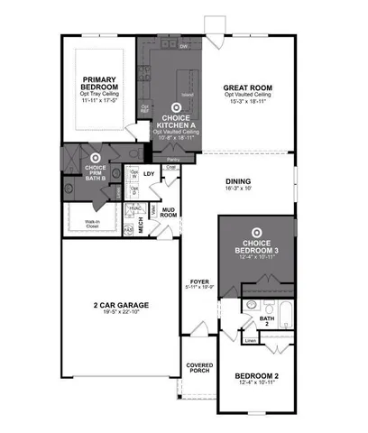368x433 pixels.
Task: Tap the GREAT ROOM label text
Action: click(x=248, y=88)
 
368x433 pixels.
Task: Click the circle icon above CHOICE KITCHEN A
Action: click(x=176, y=108)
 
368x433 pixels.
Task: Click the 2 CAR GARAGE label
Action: click(x=120, y=306)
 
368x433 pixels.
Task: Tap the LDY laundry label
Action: click(x=149, y=173)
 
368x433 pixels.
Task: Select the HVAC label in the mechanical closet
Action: click(x=134, y=207)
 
